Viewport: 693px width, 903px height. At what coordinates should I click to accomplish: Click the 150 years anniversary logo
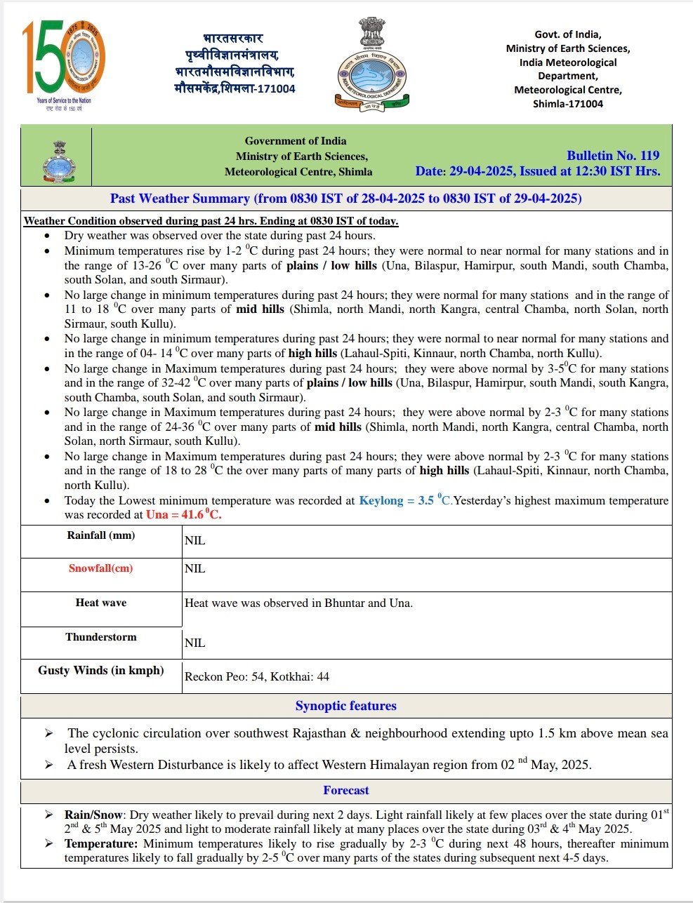click(x=64, y=62)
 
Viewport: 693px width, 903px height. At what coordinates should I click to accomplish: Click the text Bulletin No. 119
click(x=613, y=156)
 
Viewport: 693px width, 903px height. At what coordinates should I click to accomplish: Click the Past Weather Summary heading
click(x=345, y=199)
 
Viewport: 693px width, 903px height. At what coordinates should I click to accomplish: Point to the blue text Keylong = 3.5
click(x=396, y=501)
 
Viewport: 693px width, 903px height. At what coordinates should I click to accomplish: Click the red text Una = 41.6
click(x=183, y=515)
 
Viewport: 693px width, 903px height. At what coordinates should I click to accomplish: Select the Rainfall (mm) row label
click(x=101, y=535)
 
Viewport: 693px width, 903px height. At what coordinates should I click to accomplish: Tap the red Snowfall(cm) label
click(x=100, y=568)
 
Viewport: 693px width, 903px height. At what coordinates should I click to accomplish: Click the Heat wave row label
click(x=101, y=603)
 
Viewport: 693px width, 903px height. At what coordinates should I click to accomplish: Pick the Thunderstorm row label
click(x=101, y=637)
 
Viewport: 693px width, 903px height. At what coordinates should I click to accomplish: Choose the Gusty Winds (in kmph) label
click(x=101, y=671)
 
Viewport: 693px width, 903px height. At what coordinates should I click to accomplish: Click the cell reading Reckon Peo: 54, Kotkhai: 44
click(x=257, y=677)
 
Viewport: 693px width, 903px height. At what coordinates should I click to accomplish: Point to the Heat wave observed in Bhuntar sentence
click(x=298, y=603)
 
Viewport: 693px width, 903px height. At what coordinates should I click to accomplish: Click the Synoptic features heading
click(x=345, y=707)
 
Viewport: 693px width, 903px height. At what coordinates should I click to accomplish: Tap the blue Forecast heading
click(x=345, y=791)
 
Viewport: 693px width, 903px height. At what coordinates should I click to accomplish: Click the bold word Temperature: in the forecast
click(x=101, y=844)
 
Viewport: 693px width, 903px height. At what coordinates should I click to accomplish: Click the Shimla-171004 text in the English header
click(x=567, y=104)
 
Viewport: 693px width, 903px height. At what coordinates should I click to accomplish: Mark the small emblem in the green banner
click(x=59, y=162)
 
